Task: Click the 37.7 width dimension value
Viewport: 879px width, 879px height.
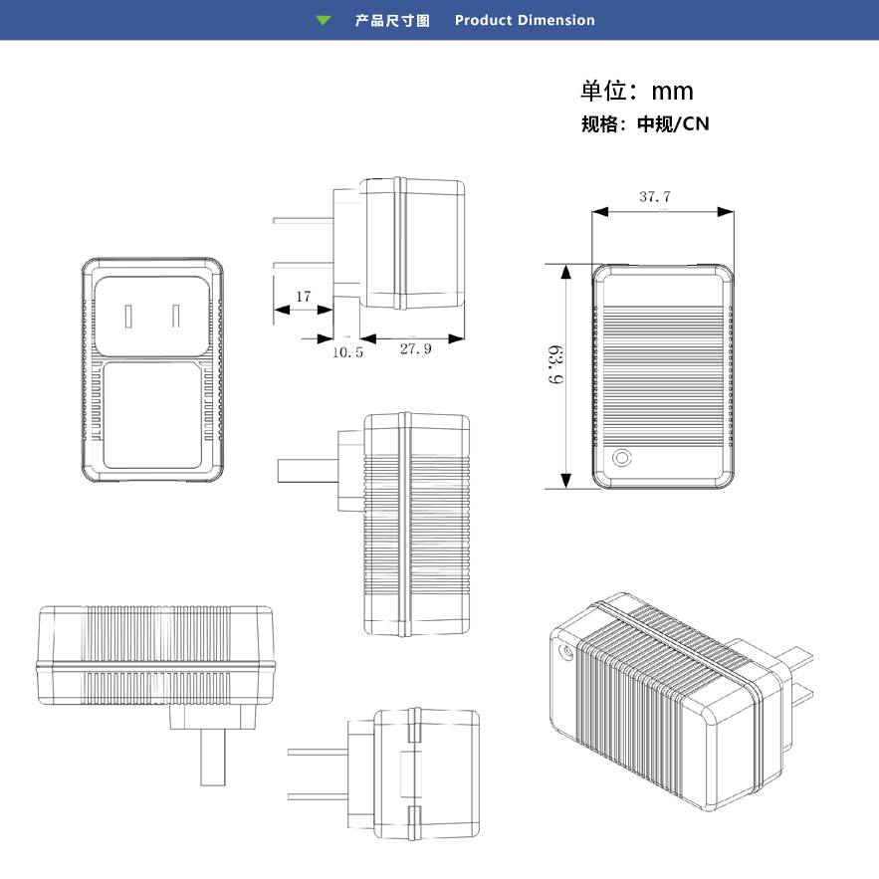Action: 655,197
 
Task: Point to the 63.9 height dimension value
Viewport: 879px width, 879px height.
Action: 555,365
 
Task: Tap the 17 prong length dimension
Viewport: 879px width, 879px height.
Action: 304,297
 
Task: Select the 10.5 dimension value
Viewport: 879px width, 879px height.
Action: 347,351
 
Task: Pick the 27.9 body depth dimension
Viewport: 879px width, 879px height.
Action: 415,349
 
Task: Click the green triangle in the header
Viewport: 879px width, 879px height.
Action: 323,20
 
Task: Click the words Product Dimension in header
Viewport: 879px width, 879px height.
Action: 525,20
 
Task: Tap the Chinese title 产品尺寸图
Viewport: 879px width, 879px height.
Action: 392,20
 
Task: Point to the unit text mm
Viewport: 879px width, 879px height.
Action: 672,92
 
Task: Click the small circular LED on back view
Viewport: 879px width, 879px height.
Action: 623,458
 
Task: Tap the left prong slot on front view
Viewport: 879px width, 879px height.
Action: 129,317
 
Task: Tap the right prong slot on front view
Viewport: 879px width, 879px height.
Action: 176,317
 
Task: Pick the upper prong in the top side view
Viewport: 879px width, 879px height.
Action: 304,219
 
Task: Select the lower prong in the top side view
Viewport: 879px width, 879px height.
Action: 304,265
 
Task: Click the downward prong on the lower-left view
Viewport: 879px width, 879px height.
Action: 211,758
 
